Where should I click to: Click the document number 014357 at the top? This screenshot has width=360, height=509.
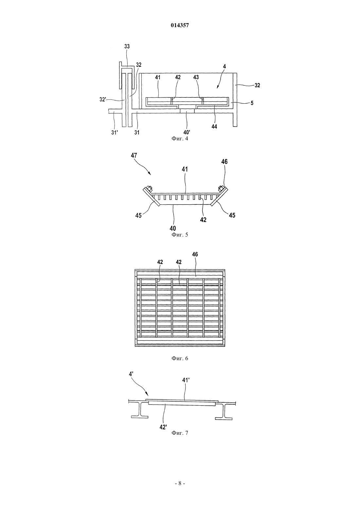180,25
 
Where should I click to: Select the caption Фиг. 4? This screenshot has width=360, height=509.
180,138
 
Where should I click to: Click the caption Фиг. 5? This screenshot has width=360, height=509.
180,235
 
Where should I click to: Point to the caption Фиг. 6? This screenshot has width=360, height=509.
180,358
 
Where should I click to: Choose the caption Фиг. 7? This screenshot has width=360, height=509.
180,433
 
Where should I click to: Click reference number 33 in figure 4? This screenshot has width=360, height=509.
127,46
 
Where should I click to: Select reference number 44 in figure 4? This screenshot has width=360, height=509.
214,127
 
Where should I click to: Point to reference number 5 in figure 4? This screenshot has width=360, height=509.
252,103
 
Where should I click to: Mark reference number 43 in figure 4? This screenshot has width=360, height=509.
196,77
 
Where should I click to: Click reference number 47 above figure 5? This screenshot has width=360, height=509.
134,155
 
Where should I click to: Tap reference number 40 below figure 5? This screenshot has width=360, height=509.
173,228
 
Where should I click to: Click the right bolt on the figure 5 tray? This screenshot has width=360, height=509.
220,188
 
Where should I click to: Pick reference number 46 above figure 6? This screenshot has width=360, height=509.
195,254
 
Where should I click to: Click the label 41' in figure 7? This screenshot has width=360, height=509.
186,380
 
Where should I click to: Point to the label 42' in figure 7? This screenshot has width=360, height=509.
163,421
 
